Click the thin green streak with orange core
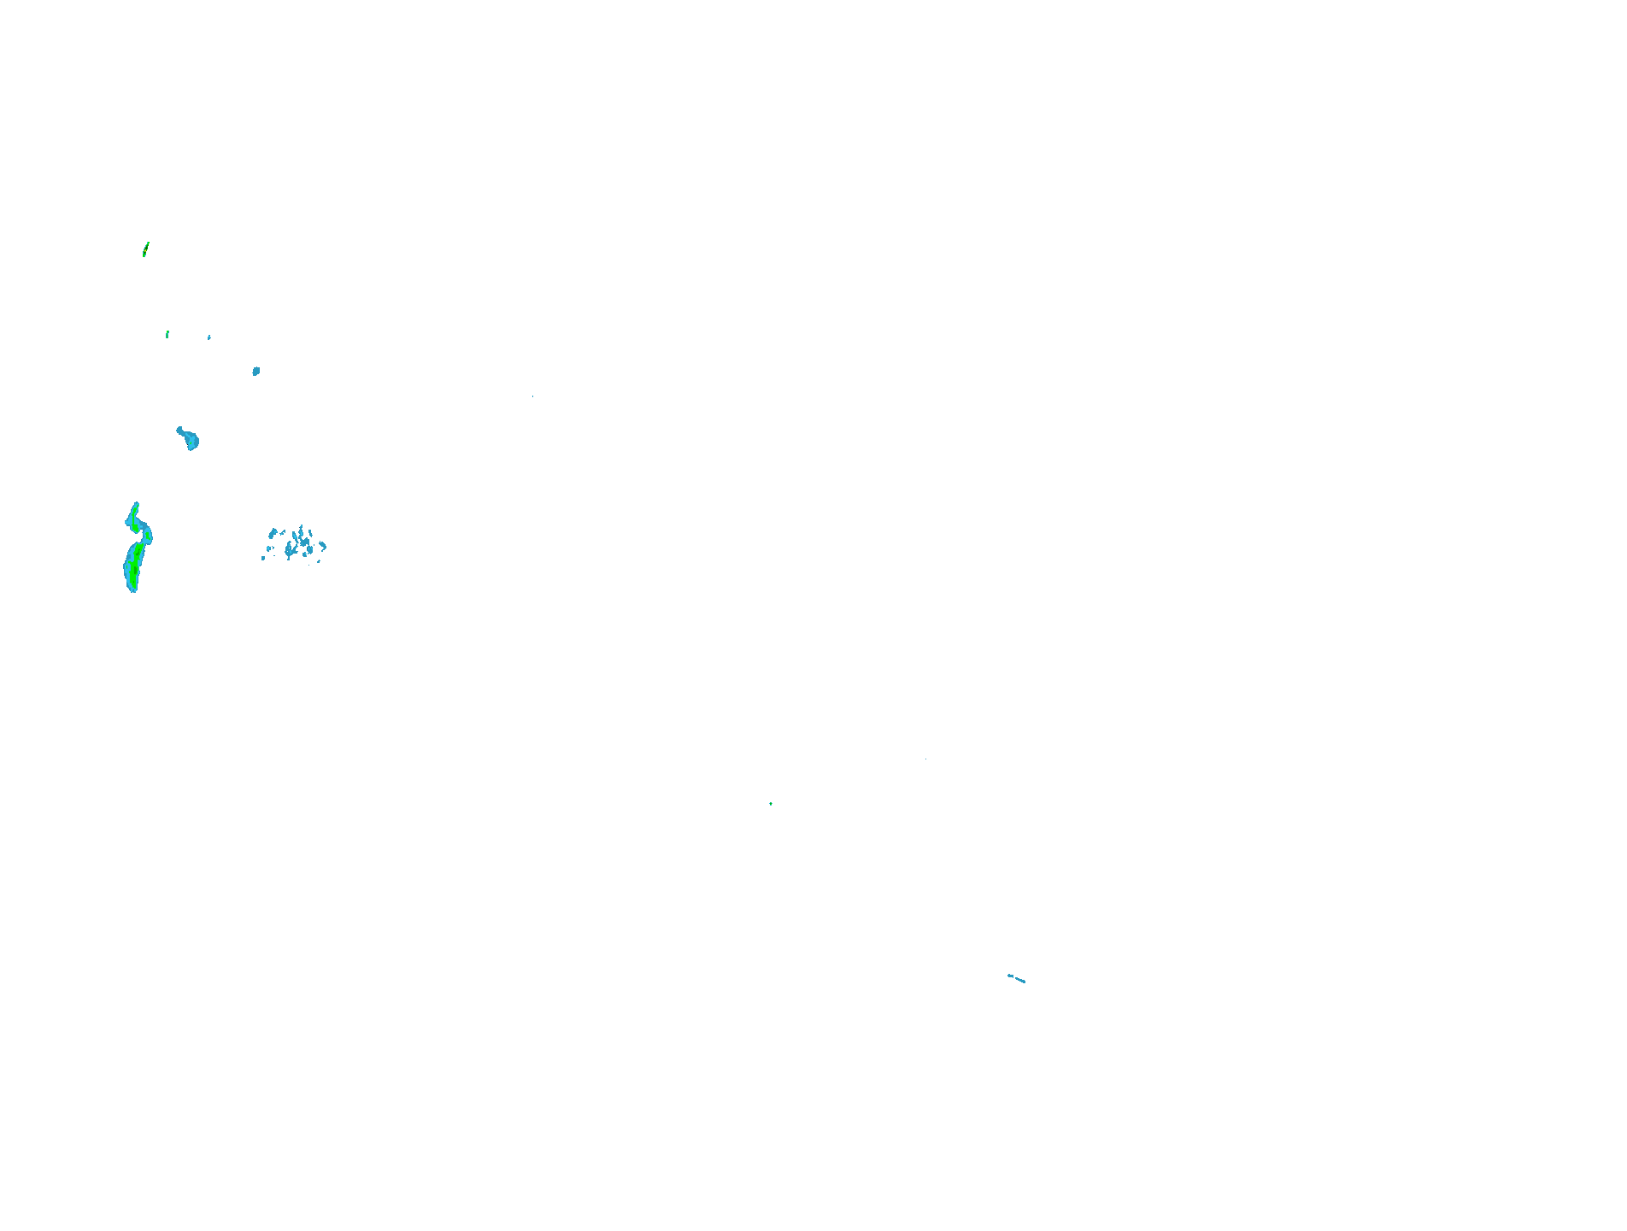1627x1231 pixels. [x=145, y=249]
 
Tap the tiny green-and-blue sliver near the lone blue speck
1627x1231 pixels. [x=167, y=334]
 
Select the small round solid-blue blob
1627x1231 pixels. [x=256, y=371]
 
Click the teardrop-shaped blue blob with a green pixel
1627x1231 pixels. [x=191, y=441]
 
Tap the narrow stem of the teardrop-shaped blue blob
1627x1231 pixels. [x=180, y=431]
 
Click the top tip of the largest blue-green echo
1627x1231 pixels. [x=136, y=505]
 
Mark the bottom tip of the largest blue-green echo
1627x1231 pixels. [x=133, y=589]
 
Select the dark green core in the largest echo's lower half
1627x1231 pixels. [x=133, y=567]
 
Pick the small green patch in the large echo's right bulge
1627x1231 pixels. [x=147, y=536]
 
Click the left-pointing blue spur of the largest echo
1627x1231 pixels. [x=128, y=520]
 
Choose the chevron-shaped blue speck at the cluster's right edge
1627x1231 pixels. [x=323, y=545]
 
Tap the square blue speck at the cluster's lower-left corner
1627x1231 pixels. [x=263, y=558]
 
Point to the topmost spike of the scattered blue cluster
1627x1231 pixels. [x=301, y=527]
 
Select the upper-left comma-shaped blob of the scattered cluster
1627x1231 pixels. [x=273, y=533]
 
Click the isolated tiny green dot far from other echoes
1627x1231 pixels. [x=771, y=804]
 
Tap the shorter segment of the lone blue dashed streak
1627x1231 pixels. [x=1010, y=976]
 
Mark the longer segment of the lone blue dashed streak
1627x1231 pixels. [x=1019, y=980]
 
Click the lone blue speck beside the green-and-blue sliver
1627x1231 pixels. [x=209, y=337]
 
